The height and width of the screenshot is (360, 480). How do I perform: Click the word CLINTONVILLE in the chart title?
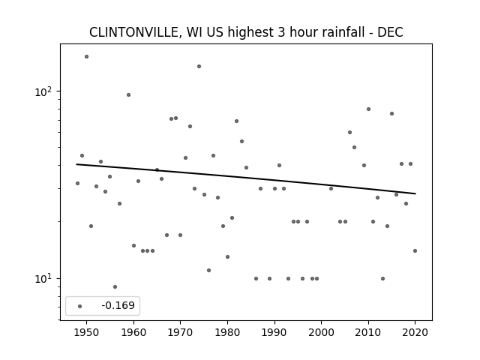point(133,32)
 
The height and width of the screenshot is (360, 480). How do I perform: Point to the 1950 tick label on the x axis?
point(87,332)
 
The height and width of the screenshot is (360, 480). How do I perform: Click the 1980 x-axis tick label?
point(227,332)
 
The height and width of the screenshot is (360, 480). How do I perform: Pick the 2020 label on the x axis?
point(415,332)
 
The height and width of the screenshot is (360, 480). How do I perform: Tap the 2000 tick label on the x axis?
point(322,332)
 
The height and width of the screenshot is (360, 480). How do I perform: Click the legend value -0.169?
point(118,305)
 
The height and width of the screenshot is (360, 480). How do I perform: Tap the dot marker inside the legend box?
point(80,306)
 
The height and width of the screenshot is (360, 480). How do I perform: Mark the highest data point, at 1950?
point(87,57)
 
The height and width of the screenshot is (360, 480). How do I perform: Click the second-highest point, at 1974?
point(199,67)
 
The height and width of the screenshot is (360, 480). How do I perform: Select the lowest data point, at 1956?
point(115,286)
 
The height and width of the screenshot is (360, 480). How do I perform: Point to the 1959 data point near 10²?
point(128,95)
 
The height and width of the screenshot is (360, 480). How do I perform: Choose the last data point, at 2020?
point(415,250)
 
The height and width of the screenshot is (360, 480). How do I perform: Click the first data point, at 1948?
point(77,183)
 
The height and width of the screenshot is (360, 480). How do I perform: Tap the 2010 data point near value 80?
point(368,109)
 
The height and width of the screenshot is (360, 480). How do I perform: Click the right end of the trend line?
point(415,193)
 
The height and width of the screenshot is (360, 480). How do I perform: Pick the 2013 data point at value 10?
point(382,278)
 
